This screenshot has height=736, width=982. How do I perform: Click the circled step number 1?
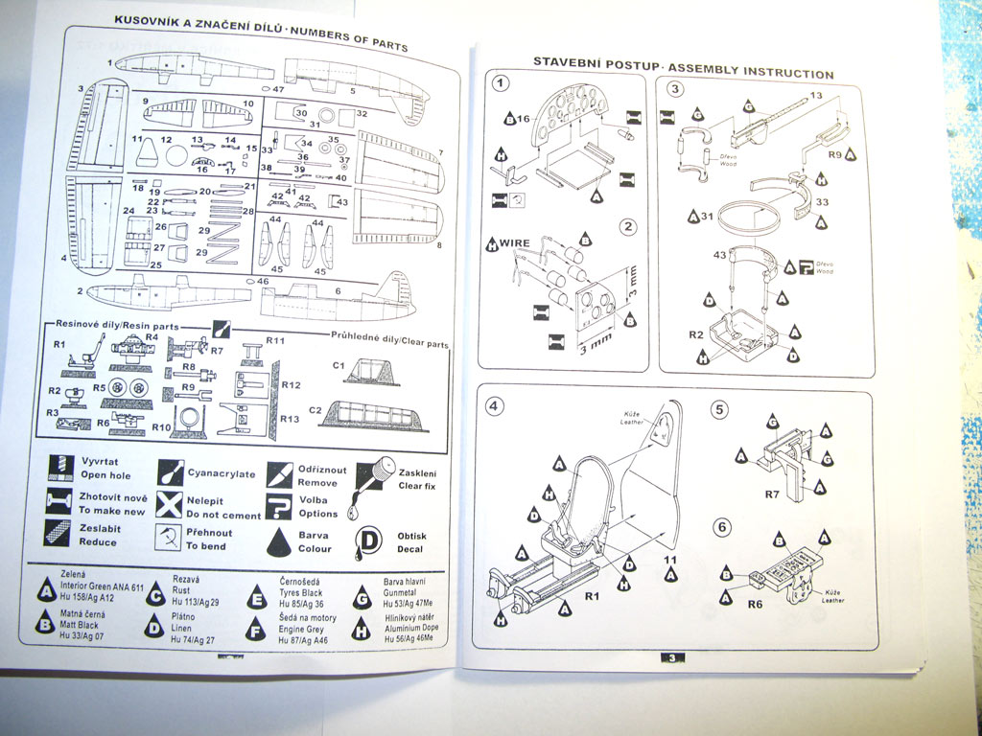(x=499, y=83)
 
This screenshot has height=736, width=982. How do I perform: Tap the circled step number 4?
(x=494, y=405)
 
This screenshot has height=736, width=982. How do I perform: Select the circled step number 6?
(x=723, y=526)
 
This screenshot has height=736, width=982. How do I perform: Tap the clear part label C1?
(x=339, y=366)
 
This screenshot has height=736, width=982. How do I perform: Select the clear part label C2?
(x=315, y=409)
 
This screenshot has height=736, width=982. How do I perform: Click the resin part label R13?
(x=291, y=418)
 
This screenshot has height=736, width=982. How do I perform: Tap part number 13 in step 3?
(x=816, y=95)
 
